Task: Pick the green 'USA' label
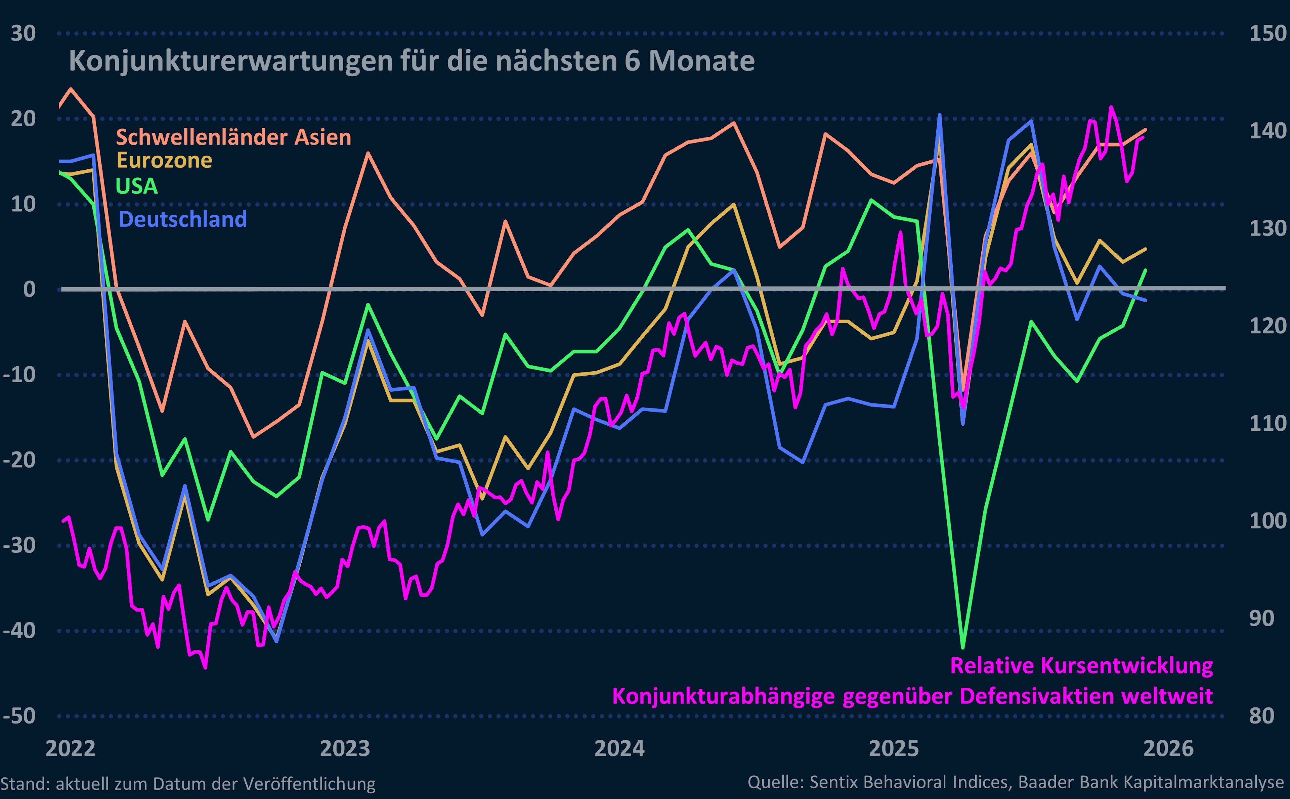[x=136, y=186]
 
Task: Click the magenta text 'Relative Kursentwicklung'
[x=1081, y=665]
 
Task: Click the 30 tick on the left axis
[x=23, y=33]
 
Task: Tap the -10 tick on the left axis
[x=19, y=375]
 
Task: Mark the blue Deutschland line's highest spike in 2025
[x=939, y=115]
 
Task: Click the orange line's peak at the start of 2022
[x=71, y=89]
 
